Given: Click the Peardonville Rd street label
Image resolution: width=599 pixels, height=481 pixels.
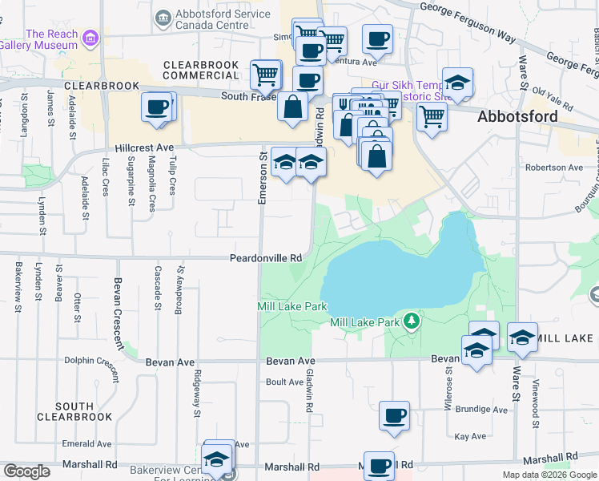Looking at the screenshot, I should click(265, 258).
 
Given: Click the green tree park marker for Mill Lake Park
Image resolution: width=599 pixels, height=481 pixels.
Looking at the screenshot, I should click(412, 321).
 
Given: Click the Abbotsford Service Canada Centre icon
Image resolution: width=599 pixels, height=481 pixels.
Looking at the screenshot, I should click(163, 18).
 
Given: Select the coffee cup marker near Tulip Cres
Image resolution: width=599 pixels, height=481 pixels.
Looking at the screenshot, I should click(158, 107).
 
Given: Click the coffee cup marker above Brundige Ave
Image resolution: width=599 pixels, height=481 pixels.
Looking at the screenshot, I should click(394, 415).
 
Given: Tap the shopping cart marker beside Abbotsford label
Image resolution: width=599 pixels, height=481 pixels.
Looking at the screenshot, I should click(431, 116).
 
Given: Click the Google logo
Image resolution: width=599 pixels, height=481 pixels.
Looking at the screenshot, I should click(26, 471).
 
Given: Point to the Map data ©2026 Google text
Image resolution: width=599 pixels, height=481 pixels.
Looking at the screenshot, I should click(549, 475).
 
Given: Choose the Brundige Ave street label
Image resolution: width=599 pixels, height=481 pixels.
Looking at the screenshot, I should click(480, 410).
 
